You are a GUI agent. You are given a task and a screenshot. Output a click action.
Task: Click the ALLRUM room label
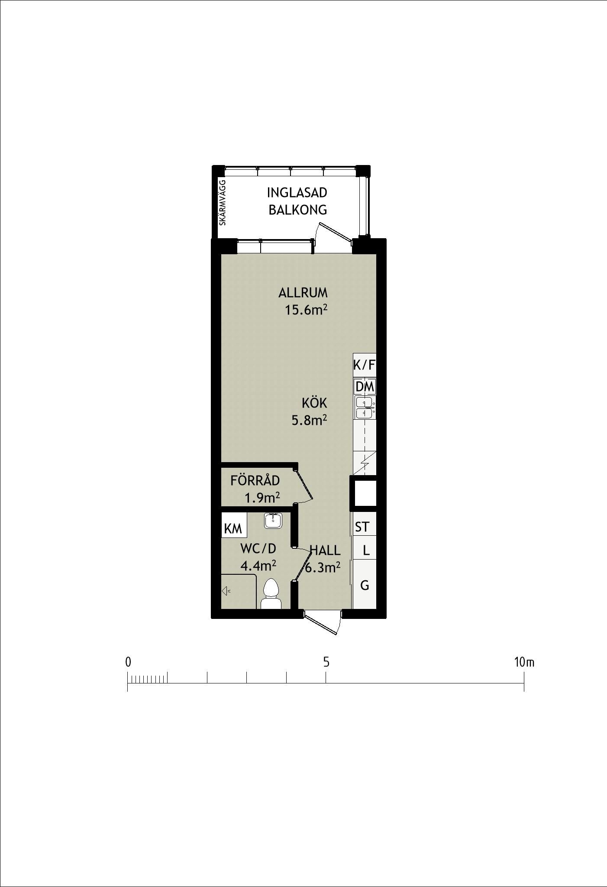pyautogui.click(x=303, y=293)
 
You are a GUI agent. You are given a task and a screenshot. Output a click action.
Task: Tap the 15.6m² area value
pyautogui.click(x=306, y=310)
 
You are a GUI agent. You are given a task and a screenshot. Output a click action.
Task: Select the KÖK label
pyautogui.click(x=314, y=403)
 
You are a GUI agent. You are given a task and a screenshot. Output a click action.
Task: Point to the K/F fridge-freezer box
pyautogui.click(x=365, y=365)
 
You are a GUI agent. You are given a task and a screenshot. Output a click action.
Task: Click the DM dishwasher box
pyautogui.click(x=365, y=386)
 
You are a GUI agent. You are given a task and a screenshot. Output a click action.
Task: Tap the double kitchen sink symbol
pyautogui.click(x=365, y=408)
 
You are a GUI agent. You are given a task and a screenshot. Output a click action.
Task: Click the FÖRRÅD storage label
pyautogui.click(x=255, y=480)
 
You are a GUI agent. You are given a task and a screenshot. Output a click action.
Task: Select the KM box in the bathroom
pyautogui.click(x=234, y=525)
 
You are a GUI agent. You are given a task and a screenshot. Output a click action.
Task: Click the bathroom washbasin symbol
pyautogui.click(x=273, y=520)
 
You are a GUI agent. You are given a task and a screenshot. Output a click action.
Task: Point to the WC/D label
pyautogui.click(x=258, y=549)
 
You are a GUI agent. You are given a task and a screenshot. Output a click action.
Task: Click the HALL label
pyautogui.click(x=325, y=551)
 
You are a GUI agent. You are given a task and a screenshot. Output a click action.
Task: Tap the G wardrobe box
pyautogui.click(x=365, y=585)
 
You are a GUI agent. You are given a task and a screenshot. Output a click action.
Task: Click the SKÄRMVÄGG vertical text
pyautogui.click(x=223, y=202)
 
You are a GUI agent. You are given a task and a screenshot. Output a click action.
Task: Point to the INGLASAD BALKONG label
pyautogui.click(x=297, y=201)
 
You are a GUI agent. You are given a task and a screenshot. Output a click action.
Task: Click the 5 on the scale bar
pyautogui.click(x=326, y=662)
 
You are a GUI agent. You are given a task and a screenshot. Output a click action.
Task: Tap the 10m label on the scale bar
pyautogui.click(x=524, y=662)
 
